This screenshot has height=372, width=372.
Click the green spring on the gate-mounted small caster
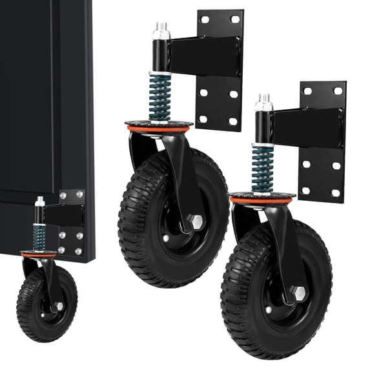tap(39, 236)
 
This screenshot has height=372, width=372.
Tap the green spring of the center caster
tap(160, 96)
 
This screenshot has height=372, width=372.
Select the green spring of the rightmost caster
tap(262, 169)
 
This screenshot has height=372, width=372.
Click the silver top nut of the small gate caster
tap(39, 202)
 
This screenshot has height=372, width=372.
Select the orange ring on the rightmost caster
tap(262, 201)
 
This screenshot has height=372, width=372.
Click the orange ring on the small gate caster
tap(38, 255)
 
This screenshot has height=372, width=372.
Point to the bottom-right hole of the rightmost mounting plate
tap(336, 192)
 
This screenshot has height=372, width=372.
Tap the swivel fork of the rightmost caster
tap(284, 252)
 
